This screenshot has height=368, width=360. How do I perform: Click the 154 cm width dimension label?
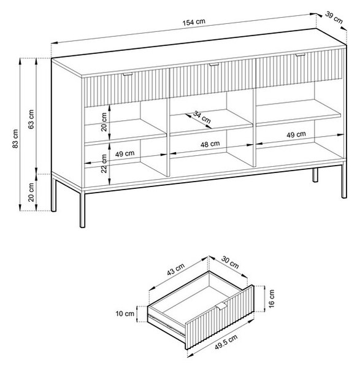click(194, 22)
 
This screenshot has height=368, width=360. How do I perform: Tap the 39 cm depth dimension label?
click(334, 18)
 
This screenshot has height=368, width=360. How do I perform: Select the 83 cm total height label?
click(15, 139)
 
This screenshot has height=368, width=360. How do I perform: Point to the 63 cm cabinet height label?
click(31, 119)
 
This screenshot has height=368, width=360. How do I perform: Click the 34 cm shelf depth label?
click(202, 117)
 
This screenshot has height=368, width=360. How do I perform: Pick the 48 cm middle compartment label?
click(210, 144)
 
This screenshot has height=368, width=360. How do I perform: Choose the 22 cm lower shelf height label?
click(104, 164)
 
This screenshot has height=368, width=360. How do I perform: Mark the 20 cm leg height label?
click(31, 193)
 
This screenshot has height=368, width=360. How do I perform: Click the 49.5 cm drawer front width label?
click(226, 342)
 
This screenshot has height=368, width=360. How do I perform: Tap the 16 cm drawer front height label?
click(271, 299)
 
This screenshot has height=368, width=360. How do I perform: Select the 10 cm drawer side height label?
click(125, 313)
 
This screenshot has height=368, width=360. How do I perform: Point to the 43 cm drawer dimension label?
click(176, 269)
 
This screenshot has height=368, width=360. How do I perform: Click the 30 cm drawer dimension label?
click(230, 263)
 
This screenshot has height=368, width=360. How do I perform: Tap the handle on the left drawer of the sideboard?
click(128, 74)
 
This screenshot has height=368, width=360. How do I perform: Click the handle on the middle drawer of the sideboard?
click(214, 64)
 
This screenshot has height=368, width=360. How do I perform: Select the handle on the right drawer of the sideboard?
click(300, 55)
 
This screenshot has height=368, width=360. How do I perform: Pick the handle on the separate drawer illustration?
click(221, 307)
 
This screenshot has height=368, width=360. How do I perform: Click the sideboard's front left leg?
click(82, 209)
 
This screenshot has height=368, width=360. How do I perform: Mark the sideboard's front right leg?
click(344, 181)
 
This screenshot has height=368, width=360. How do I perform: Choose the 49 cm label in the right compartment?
click(296, 134)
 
